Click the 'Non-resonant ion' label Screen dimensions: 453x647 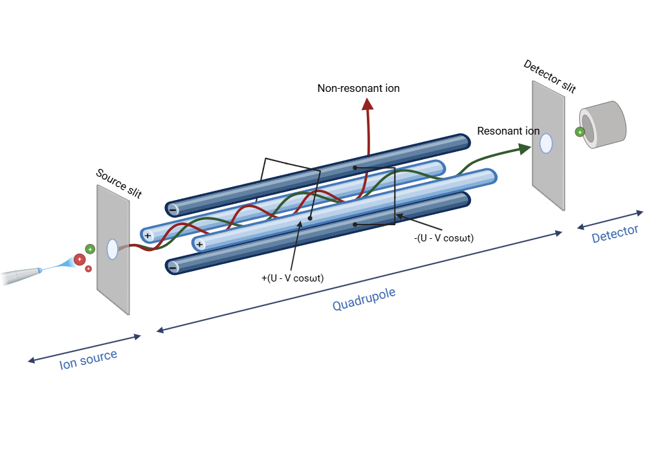click(358, 88)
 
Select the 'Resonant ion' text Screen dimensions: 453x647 click(508, 131)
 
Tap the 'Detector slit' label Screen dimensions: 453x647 click(549, 76)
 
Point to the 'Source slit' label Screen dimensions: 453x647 click(118, 183)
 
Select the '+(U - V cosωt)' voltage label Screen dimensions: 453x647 click(292, 278)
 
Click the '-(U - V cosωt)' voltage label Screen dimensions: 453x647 click(444, 238)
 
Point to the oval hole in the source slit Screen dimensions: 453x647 click(112, 249)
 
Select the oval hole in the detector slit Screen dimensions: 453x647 click(546, 143)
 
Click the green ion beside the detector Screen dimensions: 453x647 click(580, 132)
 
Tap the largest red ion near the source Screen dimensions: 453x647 click(80, 260)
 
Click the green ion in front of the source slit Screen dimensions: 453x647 click(90, 249)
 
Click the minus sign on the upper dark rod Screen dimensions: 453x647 click(173, 209)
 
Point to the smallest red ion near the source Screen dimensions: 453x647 click(88, 269)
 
